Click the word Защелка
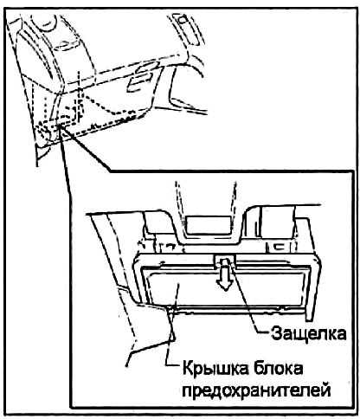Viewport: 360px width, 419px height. tap(308, 333)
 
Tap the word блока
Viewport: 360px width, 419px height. tap(280, 369)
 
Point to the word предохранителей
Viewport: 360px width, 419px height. tap(257, 390)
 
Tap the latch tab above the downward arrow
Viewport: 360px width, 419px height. tap(225, 260)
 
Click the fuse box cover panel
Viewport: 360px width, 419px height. tap(227, 287)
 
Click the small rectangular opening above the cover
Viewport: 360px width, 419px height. tap(209, 225)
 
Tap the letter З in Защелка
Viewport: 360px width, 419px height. tap(276, 333)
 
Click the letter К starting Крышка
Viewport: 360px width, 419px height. tap(188, 369)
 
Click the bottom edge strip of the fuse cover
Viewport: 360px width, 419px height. tap(228, 308)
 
